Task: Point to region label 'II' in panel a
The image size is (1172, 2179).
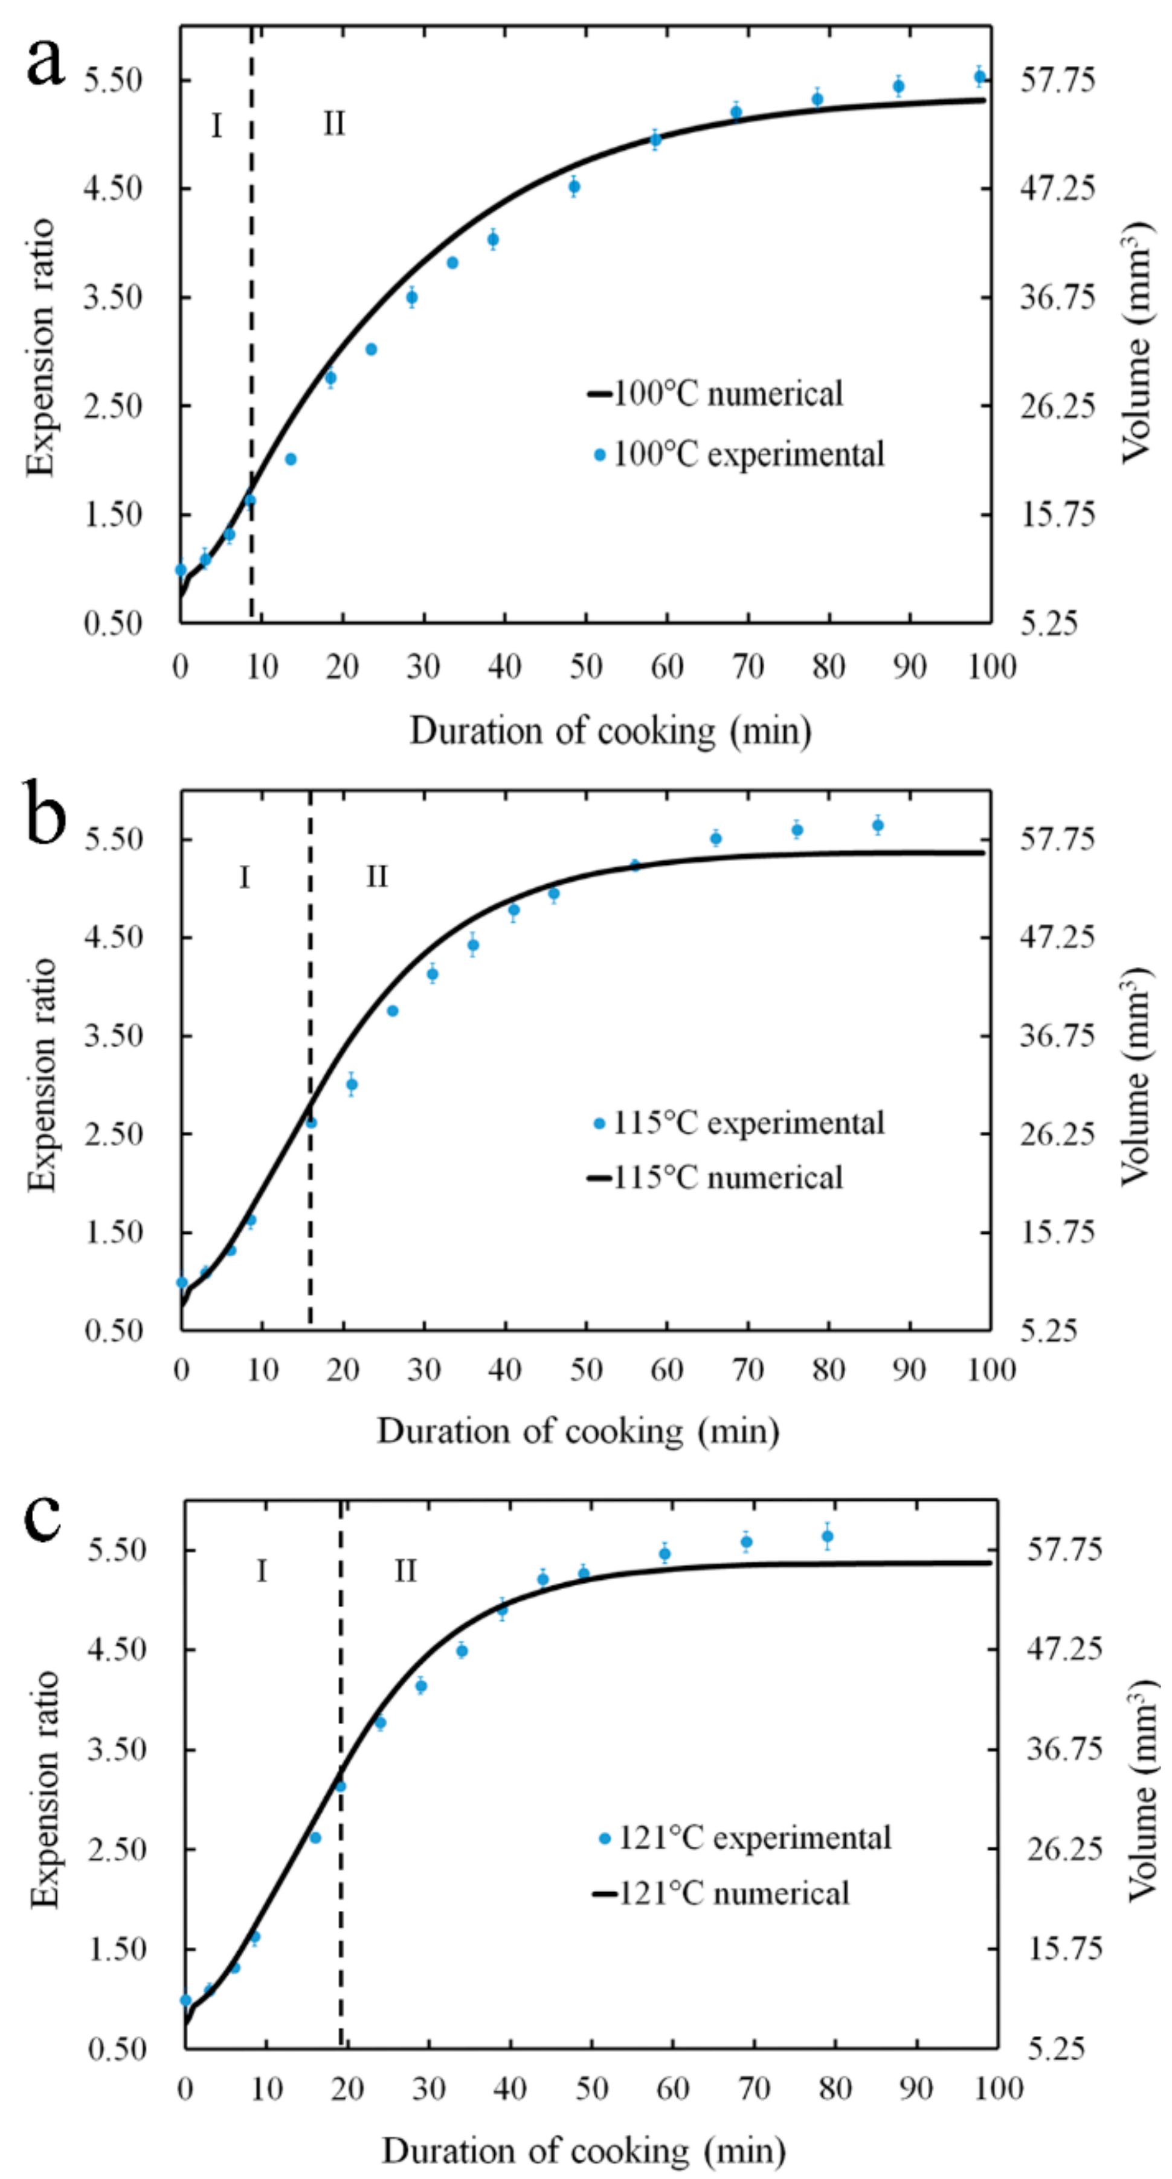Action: pos(333,124)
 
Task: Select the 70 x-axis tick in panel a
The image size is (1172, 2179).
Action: pos(747,667)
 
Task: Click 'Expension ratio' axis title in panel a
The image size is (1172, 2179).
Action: pos(40,348)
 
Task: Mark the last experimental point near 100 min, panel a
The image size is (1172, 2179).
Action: pos(980,77)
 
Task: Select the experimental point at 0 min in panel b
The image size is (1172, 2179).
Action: pos(181,1282)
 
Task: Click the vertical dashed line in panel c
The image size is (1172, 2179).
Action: pos(341,1776)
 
